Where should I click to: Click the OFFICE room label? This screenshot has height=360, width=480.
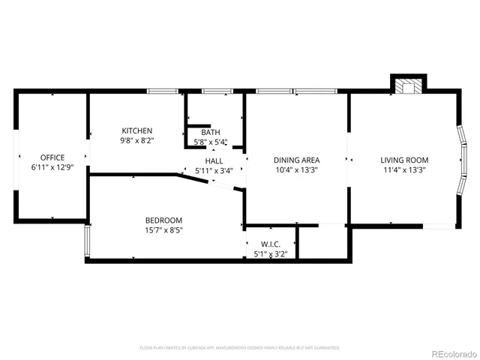[52, 157]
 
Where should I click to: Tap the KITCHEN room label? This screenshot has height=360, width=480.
[137, 130]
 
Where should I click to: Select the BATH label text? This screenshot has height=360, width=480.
[210, 132]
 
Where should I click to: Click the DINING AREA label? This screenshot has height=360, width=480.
[296, 160]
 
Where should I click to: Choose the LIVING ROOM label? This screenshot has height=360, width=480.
[404, 160]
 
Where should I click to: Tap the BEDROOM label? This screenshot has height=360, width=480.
[163, 220]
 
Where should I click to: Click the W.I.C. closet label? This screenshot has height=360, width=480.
[271, 244]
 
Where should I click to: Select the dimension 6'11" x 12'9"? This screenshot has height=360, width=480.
[52, 166]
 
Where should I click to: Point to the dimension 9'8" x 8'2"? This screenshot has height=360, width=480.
[137, 140]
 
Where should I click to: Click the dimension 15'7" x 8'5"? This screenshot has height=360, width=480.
[163, 229]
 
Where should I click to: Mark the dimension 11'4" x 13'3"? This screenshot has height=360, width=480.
[404, 169]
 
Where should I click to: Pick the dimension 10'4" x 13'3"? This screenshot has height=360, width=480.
[296, 169]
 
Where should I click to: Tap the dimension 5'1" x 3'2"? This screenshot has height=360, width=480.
[271, 253]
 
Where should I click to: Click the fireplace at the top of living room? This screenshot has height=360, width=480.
[409, 85]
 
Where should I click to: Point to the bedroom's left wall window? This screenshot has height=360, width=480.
[87, 241]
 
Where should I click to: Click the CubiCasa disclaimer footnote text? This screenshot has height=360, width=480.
[239, 348]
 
